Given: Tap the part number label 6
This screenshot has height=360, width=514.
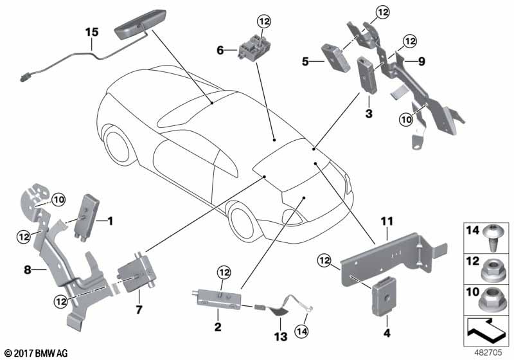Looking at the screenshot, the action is tap(220, 49).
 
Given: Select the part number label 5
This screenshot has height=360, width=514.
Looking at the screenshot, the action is tap(306, 62).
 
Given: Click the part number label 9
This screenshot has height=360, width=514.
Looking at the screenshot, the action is tap(421, 61).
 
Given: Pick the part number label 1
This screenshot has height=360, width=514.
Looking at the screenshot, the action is tap(109, 222).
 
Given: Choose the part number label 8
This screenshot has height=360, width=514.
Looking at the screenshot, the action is tap(27, 271).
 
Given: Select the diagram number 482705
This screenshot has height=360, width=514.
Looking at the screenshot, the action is tap(491, 352).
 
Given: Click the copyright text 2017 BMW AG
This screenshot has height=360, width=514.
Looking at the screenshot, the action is tap(35, 352).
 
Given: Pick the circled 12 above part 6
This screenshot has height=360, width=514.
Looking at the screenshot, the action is tap(264, 22).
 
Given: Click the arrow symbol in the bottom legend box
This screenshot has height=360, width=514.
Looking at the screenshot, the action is tap(486, 332).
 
